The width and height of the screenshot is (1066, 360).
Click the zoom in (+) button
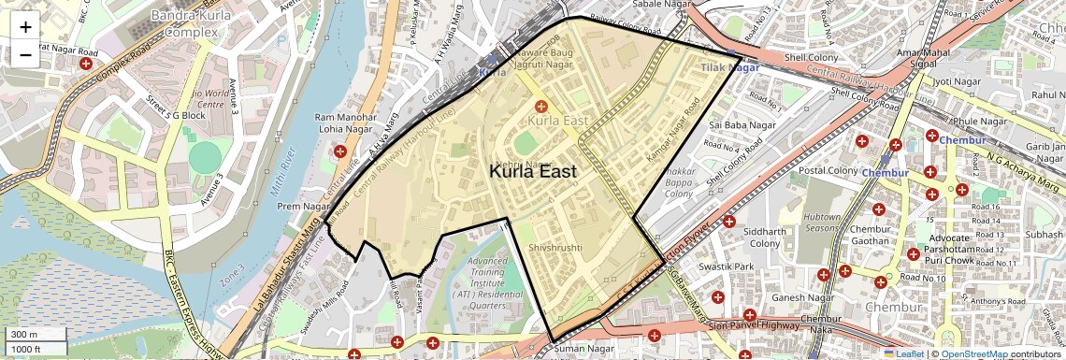(25, 26)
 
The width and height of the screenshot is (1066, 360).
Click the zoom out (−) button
(25, 54)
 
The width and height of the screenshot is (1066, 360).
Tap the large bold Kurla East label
(532, 172)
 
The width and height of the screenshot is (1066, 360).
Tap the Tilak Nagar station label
(730, 67)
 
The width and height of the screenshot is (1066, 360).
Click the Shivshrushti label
(555, 248)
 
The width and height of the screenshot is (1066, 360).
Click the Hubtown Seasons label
(822, 223)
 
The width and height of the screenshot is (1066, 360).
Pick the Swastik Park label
(731, 266)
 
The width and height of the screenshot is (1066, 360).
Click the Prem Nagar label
(300, 206)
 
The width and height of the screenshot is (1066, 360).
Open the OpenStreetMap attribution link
(973, 353)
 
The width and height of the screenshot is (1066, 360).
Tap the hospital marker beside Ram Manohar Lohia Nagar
(339, 151)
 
